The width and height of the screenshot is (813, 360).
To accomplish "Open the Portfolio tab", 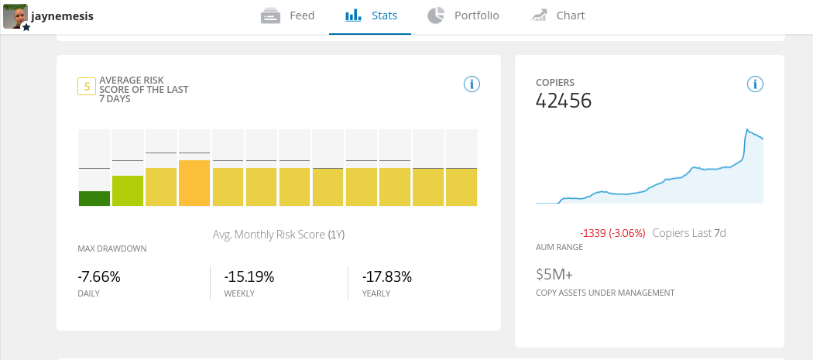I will click(462, 15).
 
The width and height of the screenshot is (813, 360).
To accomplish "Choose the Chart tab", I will click(557, 15).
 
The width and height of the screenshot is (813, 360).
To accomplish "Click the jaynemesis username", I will click(62, 15).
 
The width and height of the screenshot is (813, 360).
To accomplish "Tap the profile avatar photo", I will click(15, 15).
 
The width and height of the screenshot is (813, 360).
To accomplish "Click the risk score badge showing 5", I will click(86, 86).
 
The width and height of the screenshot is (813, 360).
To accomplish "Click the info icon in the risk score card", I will click(472, 84).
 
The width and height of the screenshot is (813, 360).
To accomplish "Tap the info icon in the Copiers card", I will click(756, 84).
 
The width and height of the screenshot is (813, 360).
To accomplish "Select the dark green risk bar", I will click(94, 198).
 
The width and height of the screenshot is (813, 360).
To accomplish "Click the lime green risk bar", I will click(128, 190).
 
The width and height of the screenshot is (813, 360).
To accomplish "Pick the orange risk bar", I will click(194, 183).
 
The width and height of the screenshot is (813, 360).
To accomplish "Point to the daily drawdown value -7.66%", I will click(99, 276).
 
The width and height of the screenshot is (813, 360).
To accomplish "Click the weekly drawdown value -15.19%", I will click(249, 276).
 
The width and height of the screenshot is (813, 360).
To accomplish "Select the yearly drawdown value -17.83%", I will click(387, 276).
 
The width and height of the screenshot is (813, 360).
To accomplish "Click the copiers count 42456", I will click(564, 100).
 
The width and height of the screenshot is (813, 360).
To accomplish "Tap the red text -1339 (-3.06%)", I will click(612, 232).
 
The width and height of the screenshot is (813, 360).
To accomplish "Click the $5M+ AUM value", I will click(554, 274).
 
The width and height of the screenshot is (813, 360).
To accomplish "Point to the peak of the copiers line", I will click(747, 129).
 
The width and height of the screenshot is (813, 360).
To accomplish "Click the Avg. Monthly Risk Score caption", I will click(279, 234).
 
